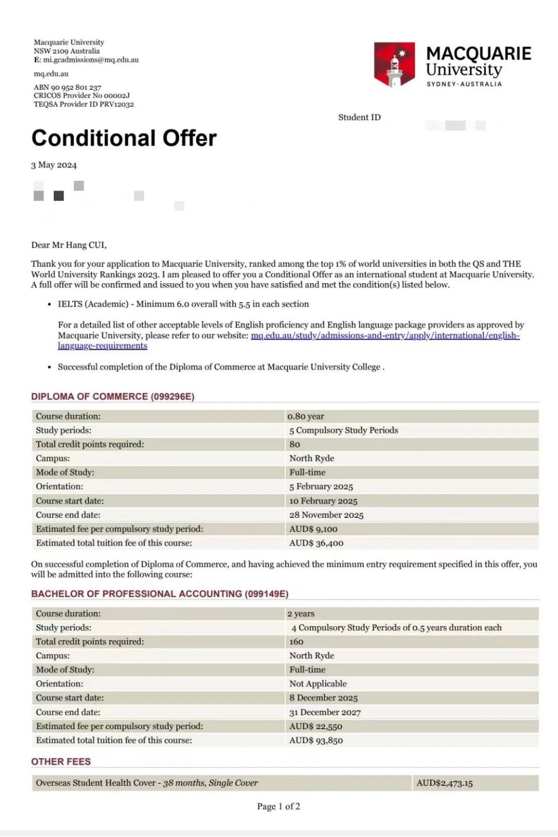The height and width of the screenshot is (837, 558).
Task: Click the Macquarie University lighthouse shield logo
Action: point(394,64)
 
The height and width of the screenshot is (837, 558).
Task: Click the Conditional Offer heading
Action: point(124,138)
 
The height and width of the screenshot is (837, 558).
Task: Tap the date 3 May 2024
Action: point(54,165)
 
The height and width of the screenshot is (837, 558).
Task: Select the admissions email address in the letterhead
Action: point(90,60)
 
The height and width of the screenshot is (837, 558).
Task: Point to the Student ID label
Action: point(359,117)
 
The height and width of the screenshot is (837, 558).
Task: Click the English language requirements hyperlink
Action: point(385,336)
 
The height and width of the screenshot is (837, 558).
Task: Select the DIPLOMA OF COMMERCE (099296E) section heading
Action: point(113,396)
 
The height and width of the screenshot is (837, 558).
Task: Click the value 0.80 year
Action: point(306,416)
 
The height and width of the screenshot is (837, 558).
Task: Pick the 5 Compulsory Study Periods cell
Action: point(344,430)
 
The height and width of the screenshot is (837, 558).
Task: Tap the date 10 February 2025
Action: point(323,501)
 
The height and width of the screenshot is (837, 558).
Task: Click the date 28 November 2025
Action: point(327,515)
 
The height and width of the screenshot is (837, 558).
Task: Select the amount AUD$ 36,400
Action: point(316,543)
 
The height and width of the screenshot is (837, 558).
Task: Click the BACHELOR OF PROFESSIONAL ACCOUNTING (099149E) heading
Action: point(160,594)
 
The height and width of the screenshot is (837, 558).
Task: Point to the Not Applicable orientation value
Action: point(318,684)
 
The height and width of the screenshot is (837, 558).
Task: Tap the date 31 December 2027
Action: point(325,712)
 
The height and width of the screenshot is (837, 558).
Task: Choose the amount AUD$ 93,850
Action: point(316,740)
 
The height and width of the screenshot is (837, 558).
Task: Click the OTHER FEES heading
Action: point(61,762)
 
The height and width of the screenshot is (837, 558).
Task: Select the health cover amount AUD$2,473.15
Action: point(444,783)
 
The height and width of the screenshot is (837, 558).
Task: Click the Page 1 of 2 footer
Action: point(278,806)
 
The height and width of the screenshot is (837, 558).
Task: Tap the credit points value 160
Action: point(297,642)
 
